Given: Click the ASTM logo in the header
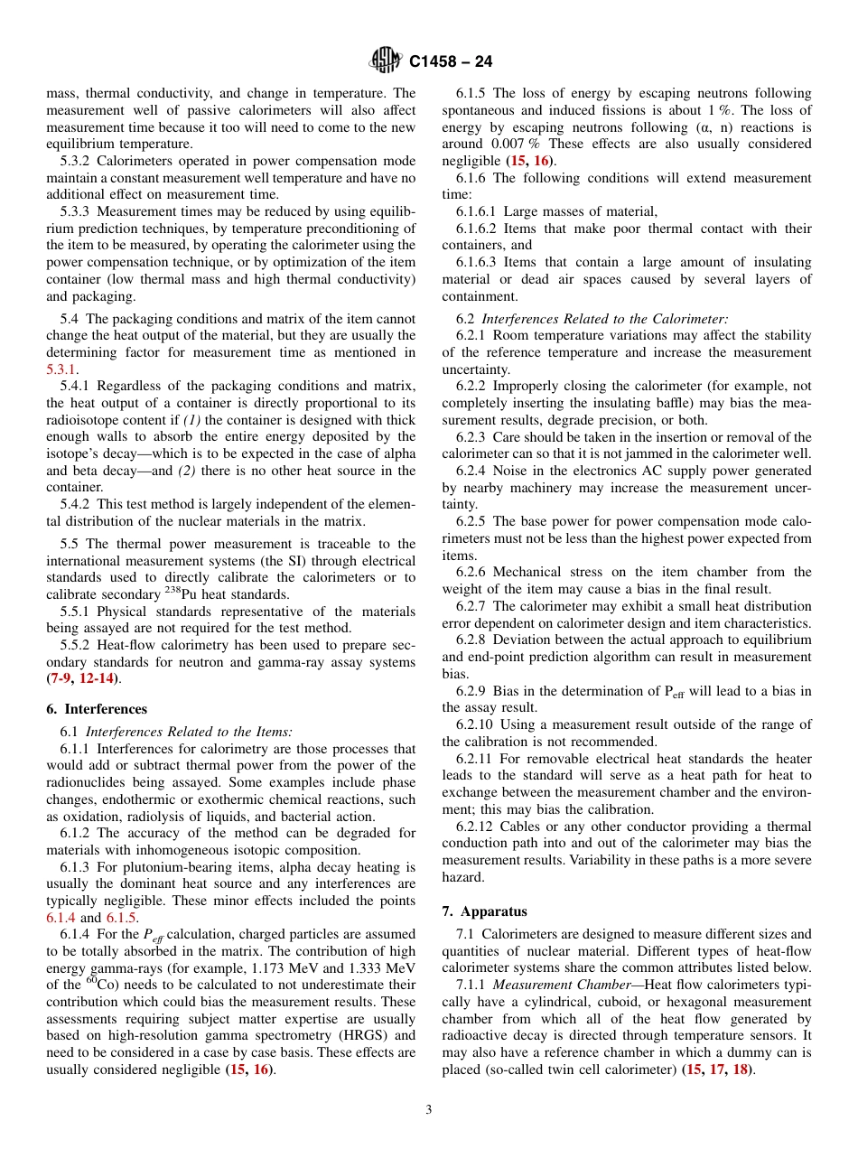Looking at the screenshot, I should [386, 61].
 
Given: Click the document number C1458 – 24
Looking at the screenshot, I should [451, 62].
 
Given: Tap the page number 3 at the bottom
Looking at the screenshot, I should [428, 1110].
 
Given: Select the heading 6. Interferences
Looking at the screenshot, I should [97, 709].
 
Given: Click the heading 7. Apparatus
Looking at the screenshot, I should [484, 911].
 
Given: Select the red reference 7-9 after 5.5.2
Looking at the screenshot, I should [61, 678].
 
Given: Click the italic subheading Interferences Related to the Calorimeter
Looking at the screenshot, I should [605, 319].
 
